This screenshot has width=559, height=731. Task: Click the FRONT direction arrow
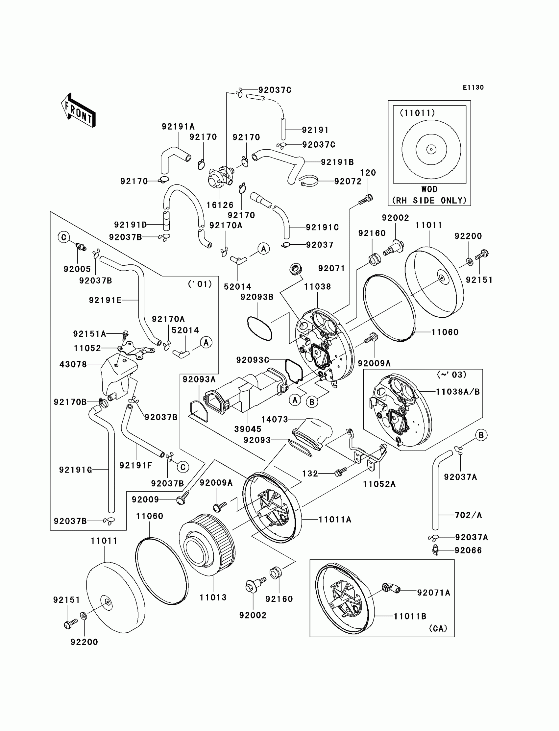click(x=79, y=110)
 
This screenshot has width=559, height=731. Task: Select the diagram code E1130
click(x=473, y=87)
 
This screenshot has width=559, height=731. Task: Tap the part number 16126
click(x=220, y=205)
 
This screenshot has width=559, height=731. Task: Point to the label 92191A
click(x=178, y=127)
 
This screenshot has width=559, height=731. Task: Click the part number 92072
click(x=348, y=181)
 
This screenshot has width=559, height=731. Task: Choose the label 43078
click(x=73, y=364)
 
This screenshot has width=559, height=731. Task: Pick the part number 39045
click(x=248, y=429)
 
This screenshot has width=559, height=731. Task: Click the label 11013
click(x=213, y=597)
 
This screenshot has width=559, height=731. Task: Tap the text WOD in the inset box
click(x=429, y=189)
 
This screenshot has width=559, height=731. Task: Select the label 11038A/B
click(x=458, y=392)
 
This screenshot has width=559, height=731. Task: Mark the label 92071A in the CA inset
click(x=434, y=593)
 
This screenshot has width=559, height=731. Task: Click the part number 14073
click(x=275, y=420)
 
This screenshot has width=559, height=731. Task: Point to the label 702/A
click(x=468, y=515)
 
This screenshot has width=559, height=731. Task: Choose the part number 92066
click(x=468, y=551)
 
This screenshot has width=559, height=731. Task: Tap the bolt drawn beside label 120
click(x=366, y=200)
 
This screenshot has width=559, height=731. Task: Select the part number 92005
click(x=77, y=269)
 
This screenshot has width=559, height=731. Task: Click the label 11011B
click(x=410, y=616)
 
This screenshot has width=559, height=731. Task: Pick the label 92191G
click(x=76, y=470)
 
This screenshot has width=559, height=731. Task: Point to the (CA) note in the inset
click(x=438, y=628)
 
